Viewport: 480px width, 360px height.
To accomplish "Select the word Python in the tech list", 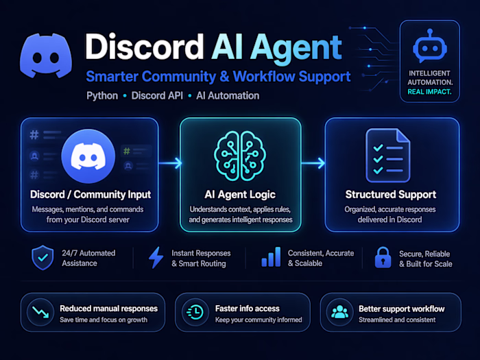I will click(102, 95).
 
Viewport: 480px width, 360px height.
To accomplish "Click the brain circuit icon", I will click(240, 155).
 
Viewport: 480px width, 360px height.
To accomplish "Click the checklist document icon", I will click(387, 155).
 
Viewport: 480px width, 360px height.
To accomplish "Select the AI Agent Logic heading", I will click(240, 195).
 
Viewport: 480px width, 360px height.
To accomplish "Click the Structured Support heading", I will click(392, 195).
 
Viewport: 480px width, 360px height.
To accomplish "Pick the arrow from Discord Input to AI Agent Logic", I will click(170, 163).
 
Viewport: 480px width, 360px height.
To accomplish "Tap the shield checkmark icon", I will click(43, 257).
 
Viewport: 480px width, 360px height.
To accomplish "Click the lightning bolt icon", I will click(156, 257).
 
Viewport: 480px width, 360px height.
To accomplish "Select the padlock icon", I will click(381, 257).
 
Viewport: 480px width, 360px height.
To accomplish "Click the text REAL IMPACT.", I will click(429, 91).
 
